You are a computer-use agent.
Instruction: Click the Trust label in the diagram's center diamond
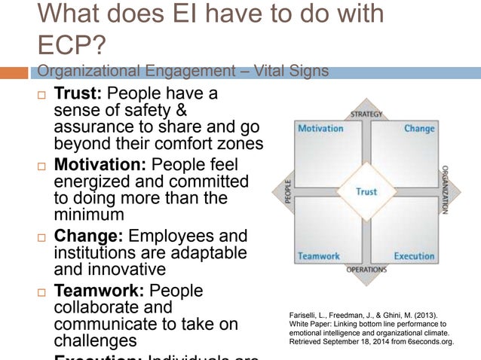pos(366,191)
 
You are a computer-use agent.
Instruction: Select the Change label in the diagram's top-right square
pos(419,129)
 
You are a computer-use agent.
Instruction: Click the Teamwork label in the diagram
pos(319,256)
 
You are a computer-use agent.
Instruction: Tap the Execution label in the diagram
pos(414,256)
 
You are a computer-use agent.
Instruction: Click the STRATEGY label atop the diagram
pos(366,114)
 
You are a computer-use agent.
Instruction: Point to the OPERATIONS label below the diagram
pos(366,269)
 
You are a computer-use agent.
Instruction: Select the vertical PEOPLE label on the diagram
pos(287,192)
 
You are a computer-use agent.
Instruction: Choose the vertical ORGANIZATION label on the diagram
pos(446,191)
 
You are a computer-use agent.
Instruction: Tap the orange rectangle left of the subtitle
pos(14,73)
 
